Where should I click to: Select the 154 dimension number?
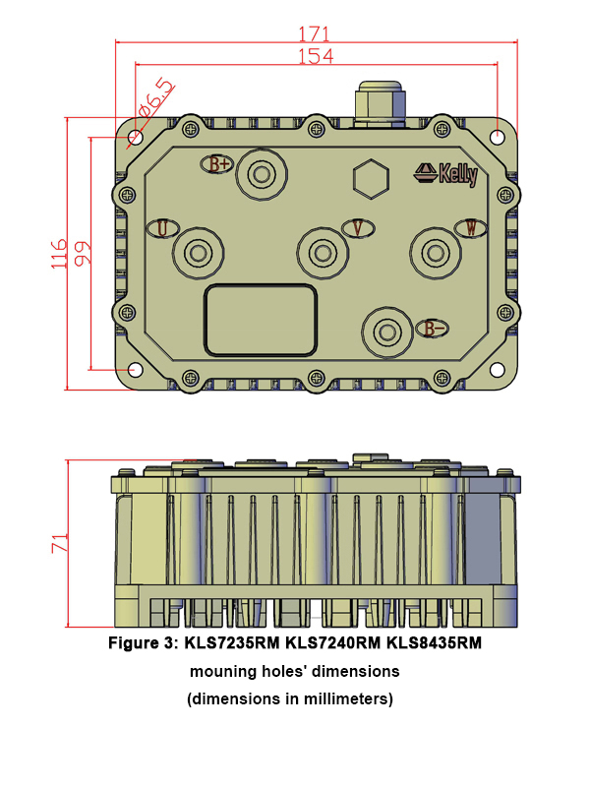point(315,56)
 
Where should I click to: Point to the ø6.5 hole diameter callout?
point(156,99)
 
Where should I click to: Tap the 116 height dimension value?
point(58,254)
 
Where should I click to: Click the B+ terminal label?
point(220,164)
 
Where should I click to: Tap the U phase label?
point(161,228)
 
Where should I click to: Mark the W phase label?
point(472,228)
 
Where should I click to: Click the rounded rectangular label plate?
point(261,321)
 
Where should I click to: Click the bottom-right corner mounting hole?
point(499,371)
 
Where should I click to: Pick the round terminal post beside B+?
point(262,175)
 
